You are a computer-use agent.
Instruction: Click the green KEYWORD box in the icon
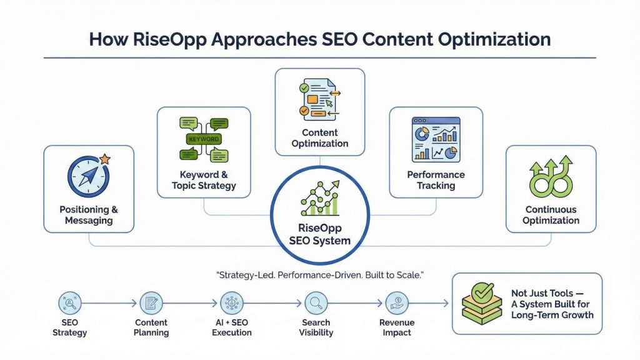click(x=203, y=138)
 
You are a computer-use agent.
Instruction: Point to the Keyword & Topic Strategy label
click(x=204, y=180)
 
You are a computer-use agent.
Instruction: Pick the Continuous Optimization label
click(x=551, y=214)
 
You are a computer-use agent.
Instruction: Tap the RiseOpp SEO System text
click(x=319, y=234)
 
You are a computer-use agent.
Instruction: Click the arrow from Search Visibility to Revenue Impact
click(x=356, y=303)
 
